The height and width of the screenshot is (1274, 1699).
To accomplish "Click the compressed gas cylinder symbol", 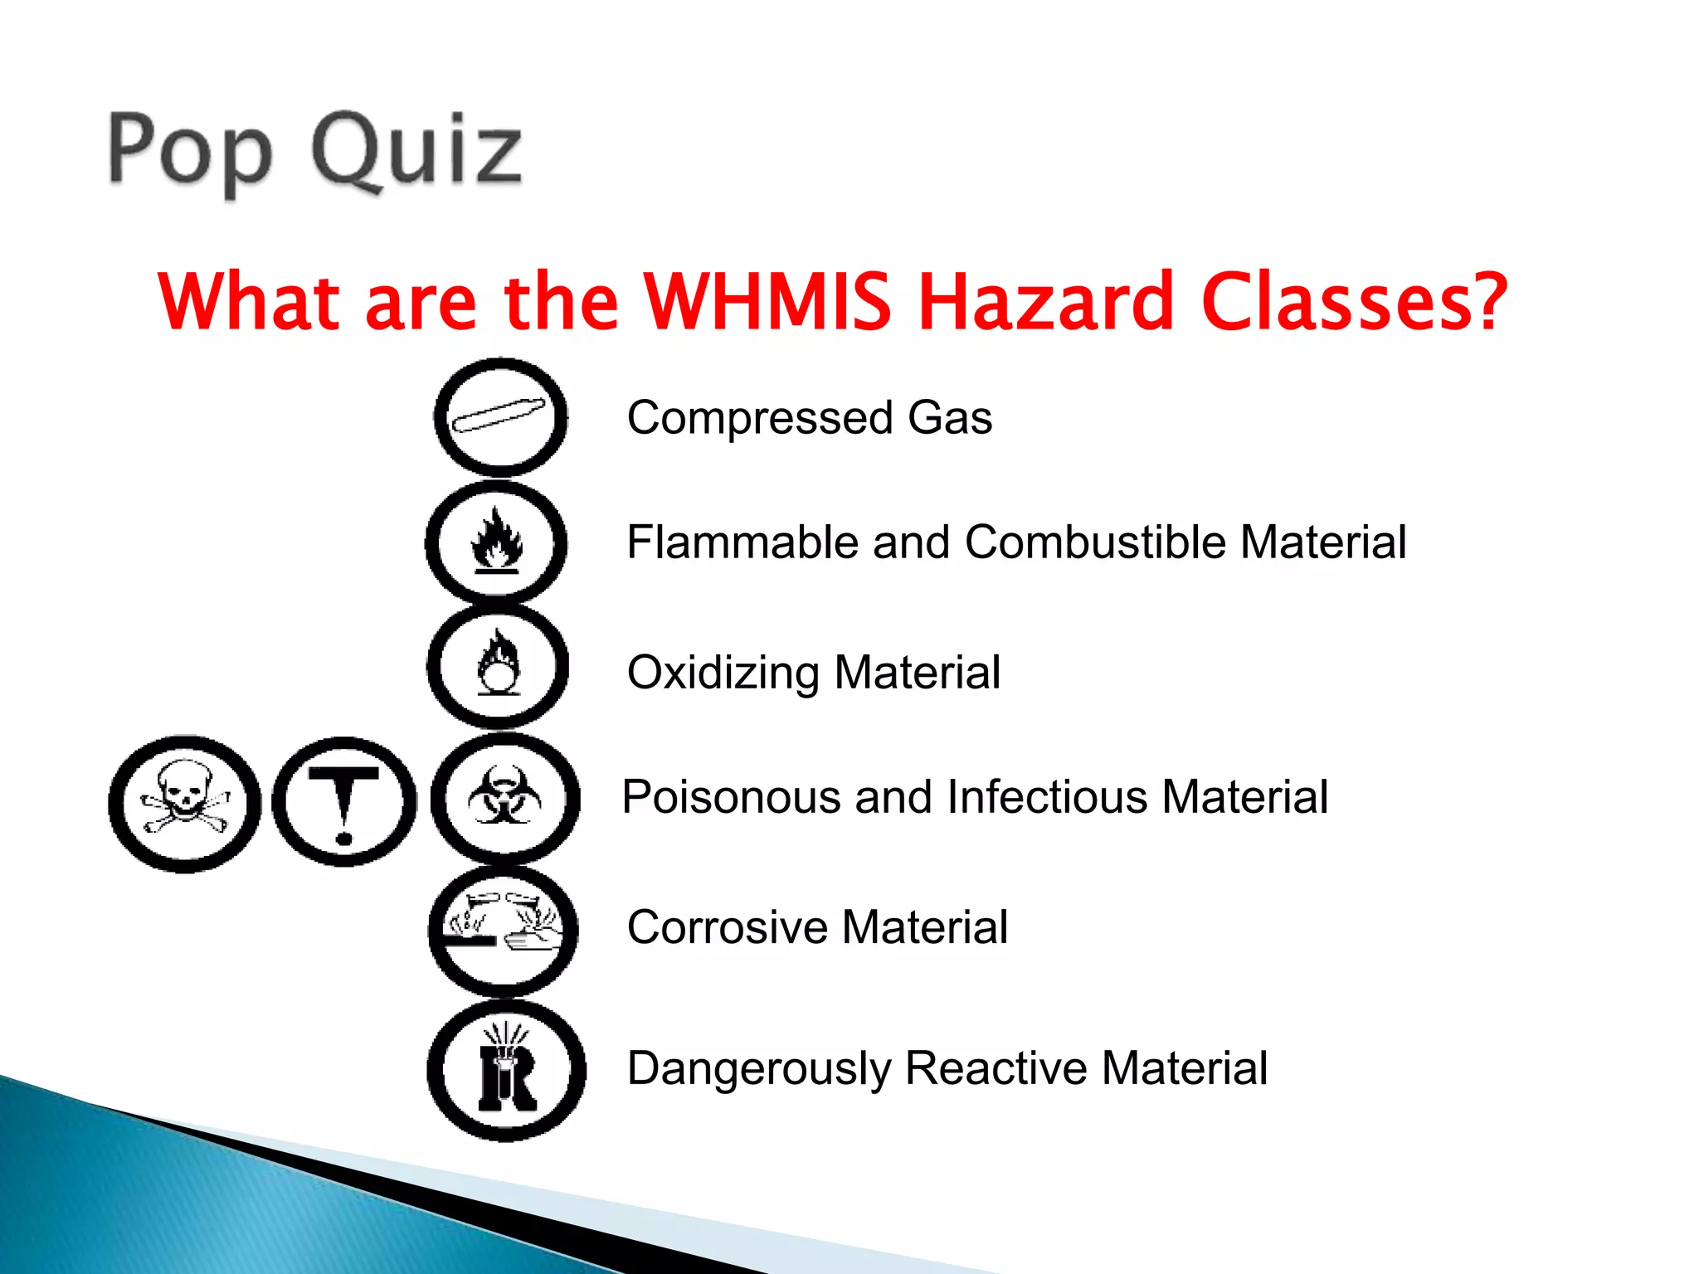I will point(500,416).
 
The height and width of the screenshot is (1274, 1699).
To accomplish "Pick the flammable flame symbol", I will point(496,542).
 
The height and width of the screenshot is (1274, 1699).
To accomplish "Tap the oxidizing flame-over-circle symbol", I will point(498,666).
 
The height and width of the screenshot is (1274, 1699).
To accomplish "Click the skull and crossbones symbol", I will point(184,803).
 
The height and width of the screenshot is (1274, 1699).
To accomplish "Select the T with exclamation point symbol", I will point(343,802).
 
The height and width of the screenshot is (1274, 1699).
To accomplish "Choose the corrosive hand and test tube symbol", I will point(503,931).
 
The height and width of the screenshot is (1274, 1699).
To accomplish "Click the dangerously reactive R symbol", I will point(506,1070).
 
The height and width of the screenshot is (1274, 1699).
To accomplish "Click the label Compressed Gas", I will point(809,417).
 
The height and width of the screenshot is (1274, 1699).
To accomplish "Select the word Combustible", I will point(1095,542).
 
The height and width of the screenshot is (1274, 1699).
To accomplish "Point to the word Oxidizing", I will point(723,673).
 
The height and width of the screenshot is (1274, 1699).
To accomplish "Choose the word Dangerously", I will point(759,1069).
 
